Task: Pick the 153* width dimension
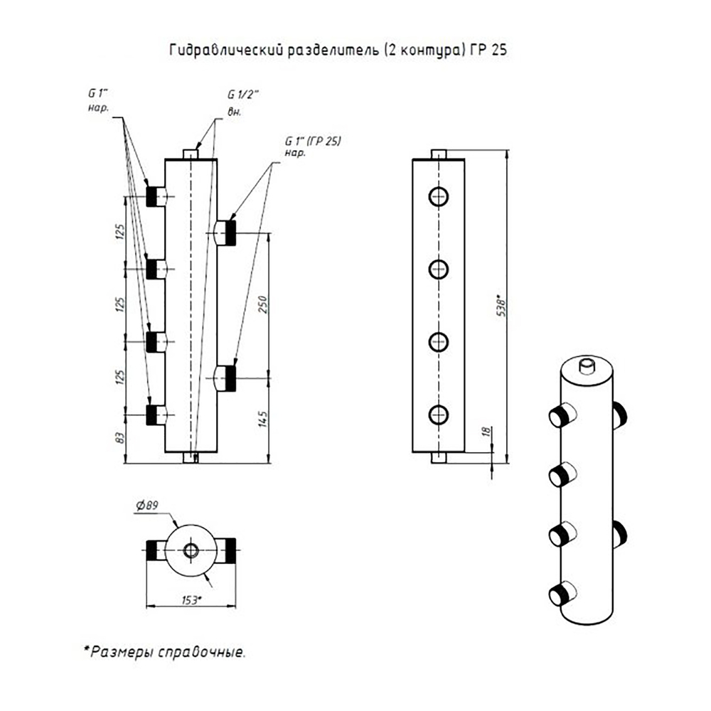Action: click(x=190, y=601)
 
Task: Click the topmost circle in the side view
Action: click(x=439, y=196)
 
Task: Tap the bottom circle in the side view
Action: click(x=439, y=414)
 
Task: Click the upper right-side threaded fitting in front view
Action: click(x=228, y=231)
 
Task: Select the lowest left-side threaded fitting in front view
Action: click(x=152, y=415)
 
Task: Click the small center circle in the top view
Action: click(x=191, y=550)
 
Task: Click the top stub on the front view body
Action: click(x=191, y=154)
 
